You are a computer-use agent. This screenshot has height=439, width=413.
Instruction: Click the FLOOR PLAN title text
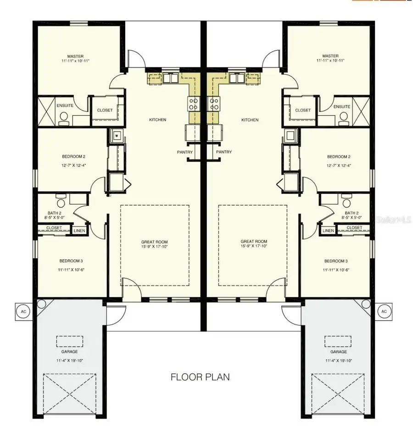[200, 377]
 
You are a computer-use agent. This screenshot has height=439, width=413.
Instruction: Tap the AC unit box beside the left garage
[23, 311]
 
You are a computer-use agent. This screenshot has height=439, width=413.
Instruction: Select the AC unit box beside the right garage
[384, 311]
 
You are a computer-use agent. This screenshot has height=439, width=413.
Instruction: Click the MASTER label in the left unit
[75, 56]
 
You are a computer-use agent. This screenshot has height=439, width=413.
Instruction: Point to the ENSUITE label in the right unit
[341, 106]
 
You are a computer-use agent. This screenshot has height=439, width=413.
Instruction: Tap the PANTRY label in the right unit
[223, 152]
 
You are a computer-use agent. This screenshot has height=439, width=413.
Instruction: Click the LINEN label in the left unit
[79, 230]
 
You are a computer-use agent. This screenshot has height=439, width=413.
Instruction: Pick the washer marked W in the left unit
[117, 135]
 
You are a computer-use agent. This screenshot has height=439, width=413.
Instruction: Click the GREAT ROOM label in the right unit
[254, 241]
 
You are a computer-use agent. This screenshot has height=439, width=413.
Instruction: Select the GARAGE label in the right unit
[338, 352]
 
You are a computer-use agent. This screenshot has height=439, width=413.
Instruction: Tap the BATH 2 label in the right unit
[352, 213]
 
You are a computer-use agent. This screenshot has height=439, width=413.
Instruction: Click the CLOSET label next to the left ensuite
[105, 110]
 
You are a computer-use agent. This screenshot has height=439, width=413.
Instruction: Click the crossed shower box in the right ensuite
[363, 110]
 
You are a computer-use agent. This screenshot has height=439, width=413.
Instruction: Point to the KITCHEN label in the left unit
[157, 120]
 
